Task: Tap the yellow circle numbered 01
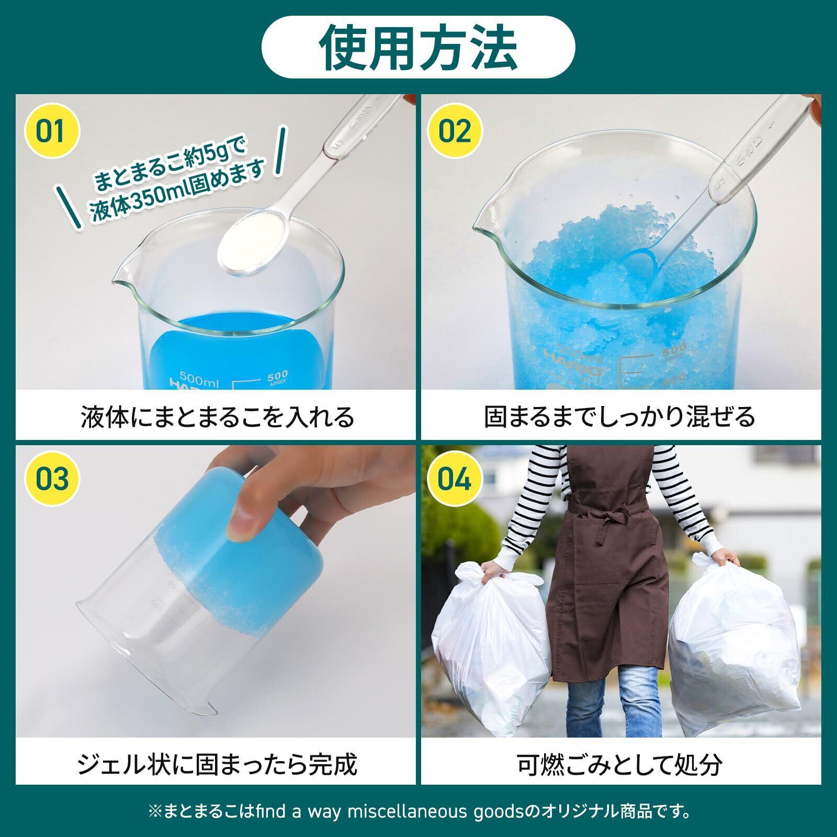tap(52, 131)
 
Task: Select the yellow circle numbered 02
tap(455, 131)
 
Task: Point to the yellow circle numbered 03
tap(52, 479)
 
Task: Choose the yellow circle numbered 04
tap(455, 479)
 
